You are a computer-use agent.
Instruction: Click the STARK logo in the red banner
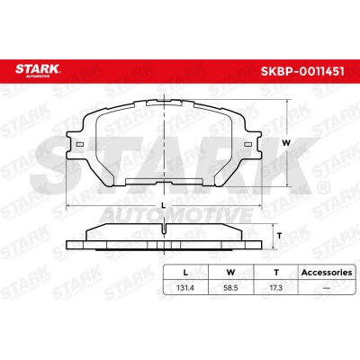(38, 70)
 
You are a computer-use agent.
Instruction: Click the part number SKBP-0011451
(302, 71)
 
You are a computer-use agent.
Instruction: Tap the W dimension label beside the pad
(286, 143)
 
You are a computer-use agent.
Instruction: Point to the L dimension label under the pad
(164, 205)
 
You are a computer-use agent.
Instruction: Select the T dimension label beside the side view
(279, 236)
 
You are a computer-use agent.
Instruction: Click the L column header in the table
(185, 273)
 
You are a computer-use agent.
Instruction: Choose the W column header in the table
(230, 273)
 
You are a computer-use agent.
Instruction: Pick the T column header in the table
(276, 273)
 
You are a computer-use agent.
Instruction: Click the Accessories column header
(327, 273)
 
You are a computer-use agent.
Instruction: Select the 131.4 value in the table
(185, 288)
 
